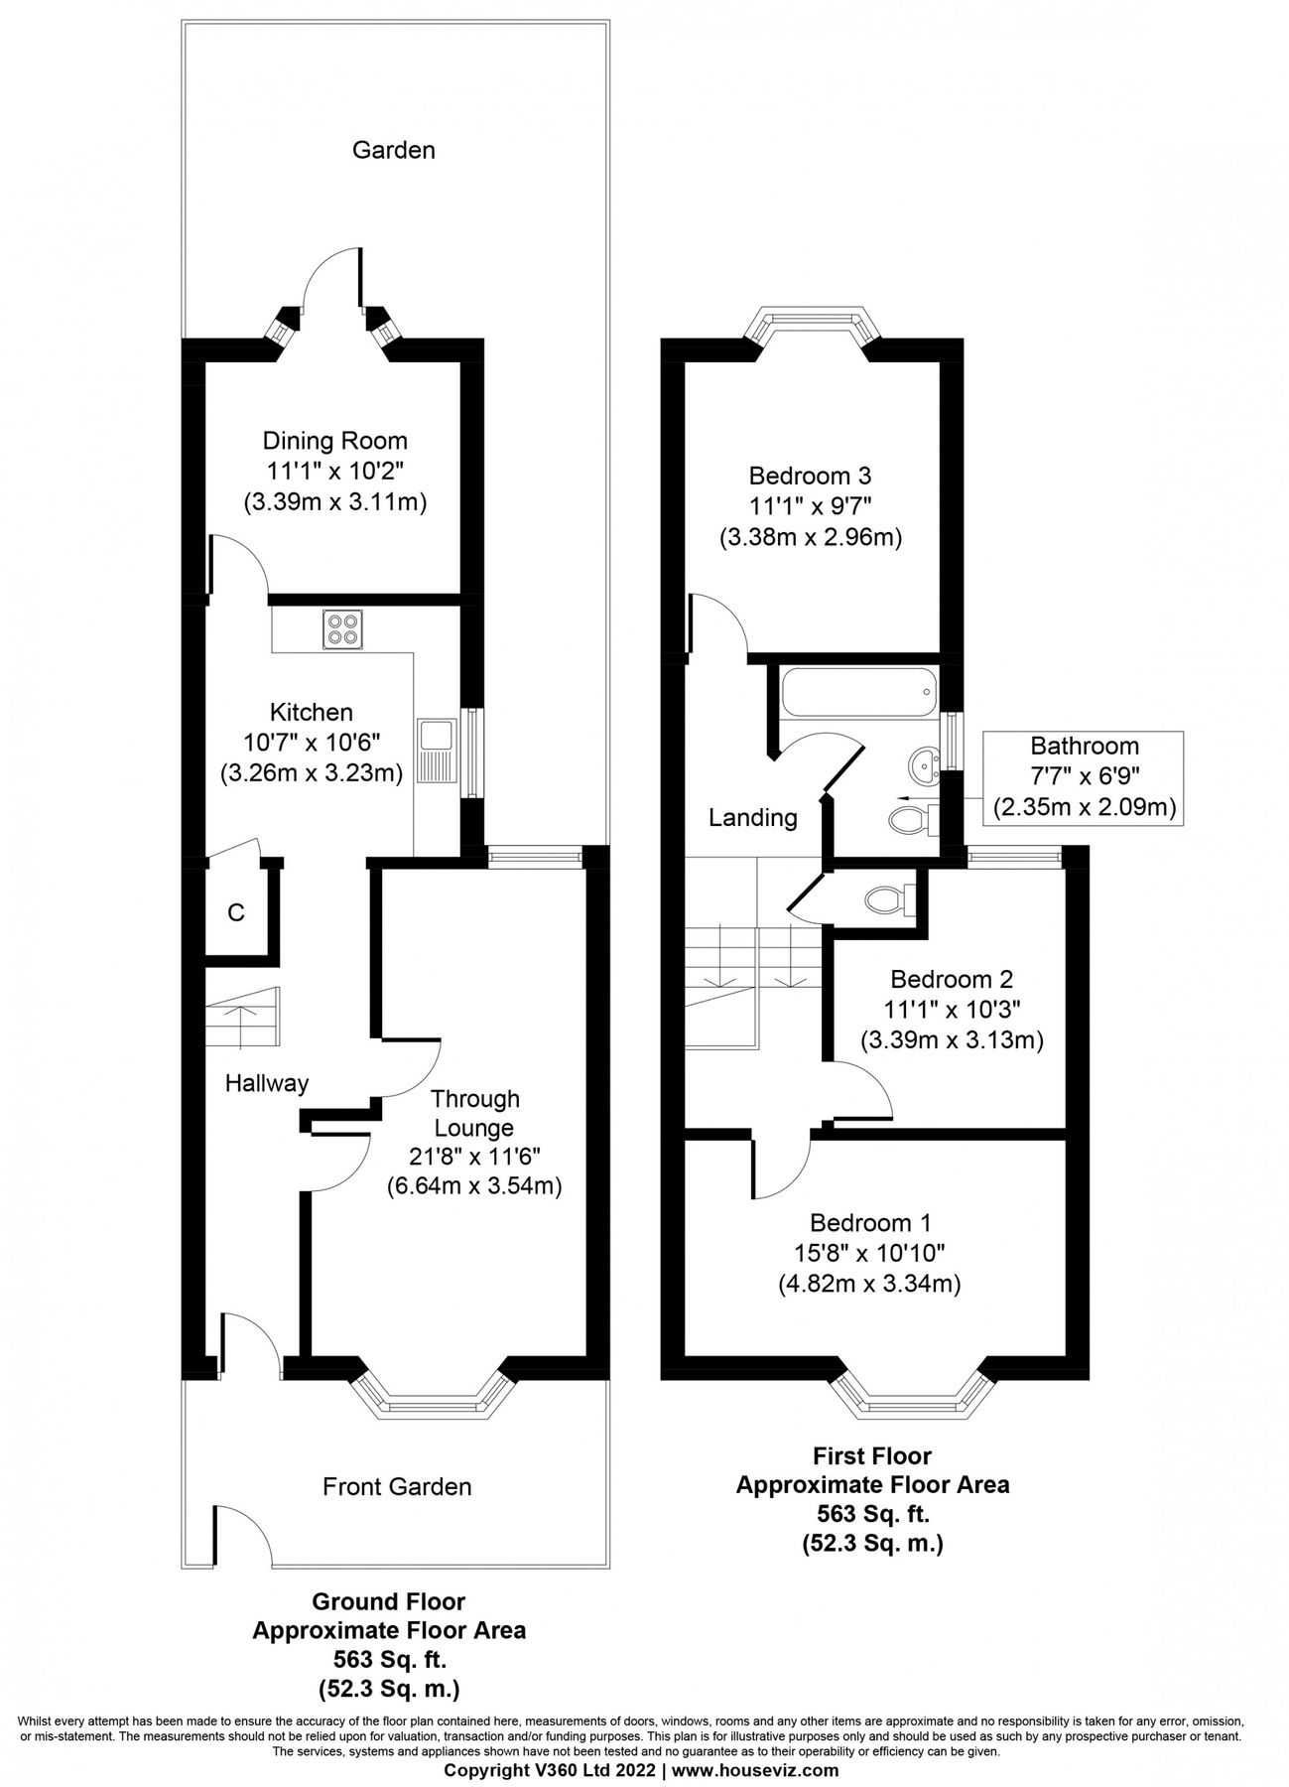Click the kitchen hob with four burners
pos(343,629)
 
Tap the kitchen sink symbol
pos(436,753)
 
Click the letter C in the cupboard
pos(236,912)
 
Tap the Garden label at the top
pos(394,150)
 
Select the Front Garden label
pos(397,1486)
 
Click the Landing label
pos(752,818)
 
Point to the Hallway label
pos(267,1083)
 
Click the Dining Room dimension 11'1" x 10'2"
pos(335,471)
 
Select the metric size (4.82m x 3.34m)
pos(869,1284)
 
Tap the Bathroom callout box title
pos(1084,746)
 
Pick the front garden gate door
pos(241,1537)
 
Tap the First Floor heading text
pos(871,1456)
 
